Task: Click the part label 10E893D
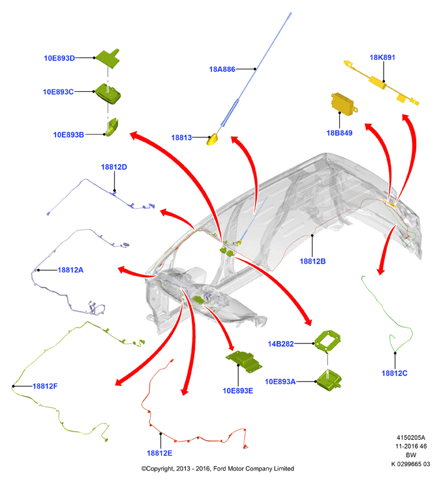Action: pos(59,58)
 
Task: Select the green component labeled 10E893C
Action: pos(108,94)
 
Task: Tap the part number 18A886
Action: pos(222,69)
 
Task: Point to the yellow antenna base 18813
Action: pos(212,139)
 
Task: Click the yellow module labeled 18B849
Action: pos(344,104)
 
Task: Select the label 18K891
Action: pos(382,57)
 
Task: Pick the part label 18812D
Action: pos(114,167)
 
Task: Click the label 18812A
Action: pos(71,270)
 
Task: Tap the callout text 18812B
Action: pos(312,261)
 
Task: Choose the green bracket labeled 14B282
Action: pos(327,341)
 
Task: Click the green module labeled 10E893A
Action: pos(329,380)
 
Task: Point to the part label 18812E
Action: pos(159,453)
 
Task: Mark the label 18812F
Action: pos(45,386)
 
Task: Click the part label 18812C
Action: pos(394,374)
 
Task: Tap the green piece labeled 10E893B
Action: pos(112,127)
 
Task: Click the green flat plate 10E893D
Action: pos(108,58)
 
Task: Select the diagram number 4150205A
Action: pos(411,438)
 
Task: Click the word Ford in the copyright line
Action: pos(220,469)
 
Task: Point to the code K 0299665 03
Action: pos(411,464)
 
